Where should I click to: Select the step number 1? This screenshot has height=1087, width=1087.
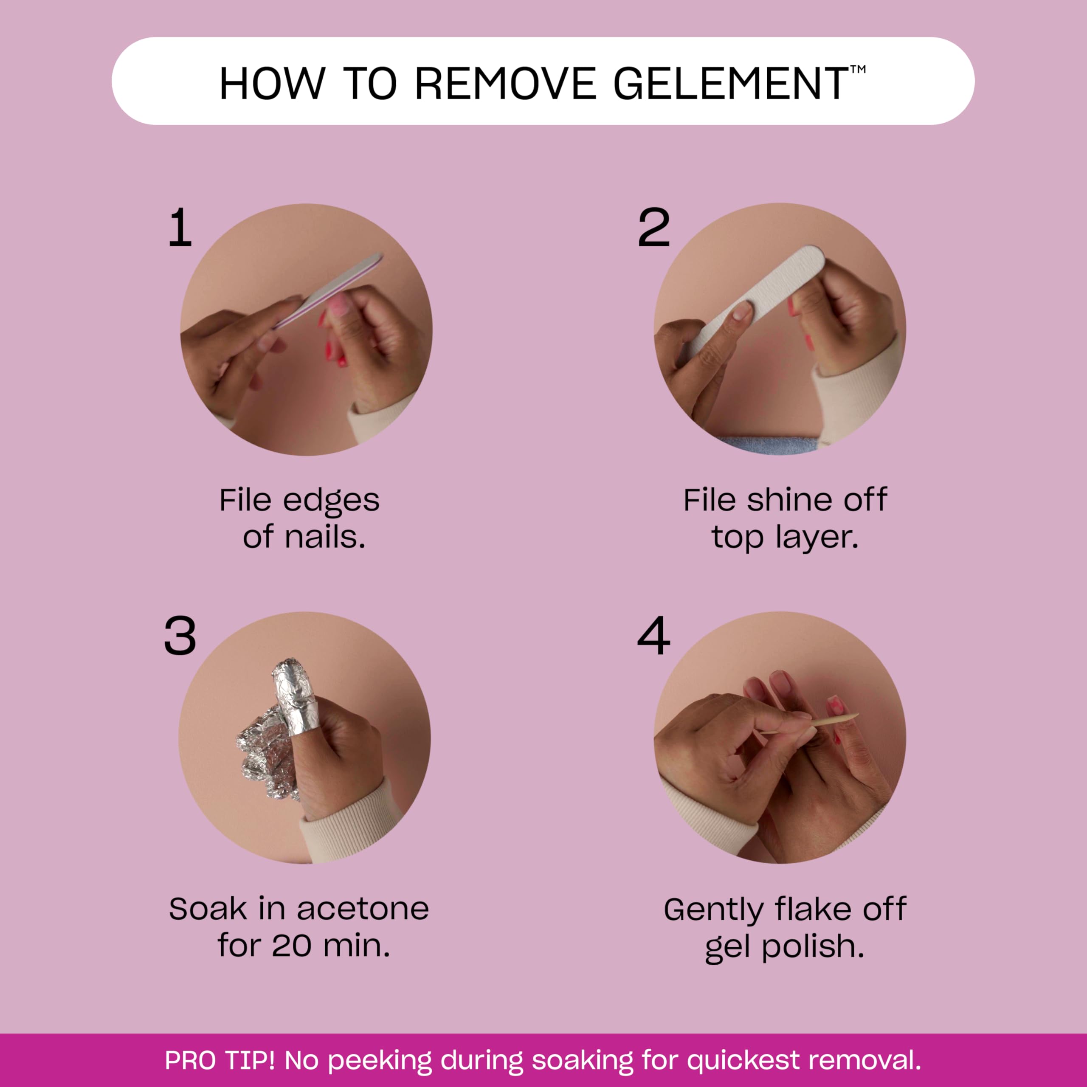pyautogui.click(x=180, y=228)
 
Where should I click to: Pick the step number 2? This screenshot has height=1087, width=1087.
pyautogui.click(x=654, y=228)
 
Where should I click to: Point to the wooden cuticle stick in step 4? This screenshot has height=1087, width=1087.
pyautogui.click(x=810, y=726)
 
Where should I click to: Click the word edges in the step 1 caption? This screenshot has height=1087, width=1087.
pyautogui.click(x=331, y=501)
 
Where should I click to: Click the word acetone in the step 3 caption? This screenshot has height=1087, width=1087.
pyautogui.click(x=363, y=909)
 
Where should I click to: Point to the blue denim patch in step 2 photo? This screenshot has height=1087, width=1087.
pyautogui.click(x=771, y=445)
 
